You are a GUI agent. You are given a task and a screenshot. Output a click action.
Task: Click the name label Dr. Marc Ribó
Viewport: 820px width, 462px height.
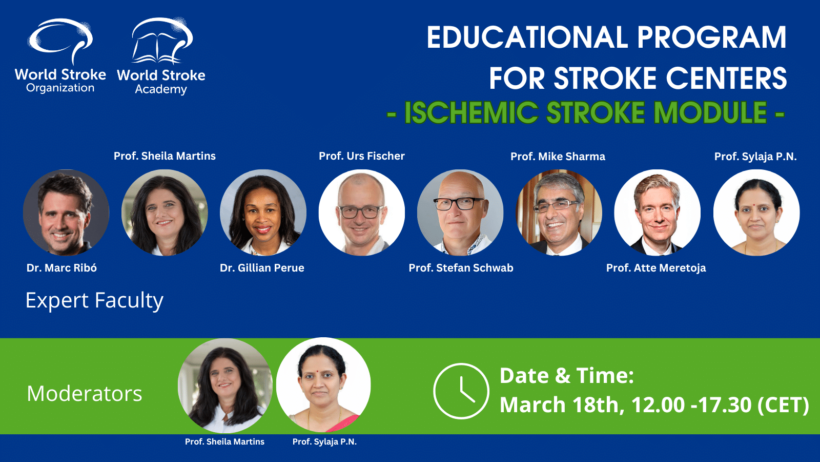click(x=61, y=268)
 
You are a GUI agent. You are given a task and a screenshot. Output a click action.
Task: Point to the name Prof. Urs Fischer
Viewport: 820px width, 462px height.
click(x=362, y=156)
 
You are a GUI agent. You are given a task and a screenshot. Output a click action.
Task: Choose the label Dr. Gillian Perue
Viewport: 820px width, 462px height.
click(x=262, y=268)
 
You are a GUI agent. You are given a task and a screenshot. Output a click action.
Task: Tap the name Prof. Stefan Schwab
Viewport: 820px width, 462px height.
click(x=461, y=268)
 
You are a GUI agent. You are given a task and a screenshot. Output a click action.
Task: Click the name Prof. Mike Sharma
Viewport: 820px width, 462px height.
click(x=558, y=157)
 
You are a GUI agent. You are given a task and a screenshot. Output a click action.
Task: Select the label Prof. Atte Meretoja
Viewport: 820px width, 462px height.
click(x=656, y=268)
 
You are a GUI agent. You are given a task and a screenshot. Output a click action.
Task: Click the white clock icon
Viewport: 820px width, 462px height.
click(x=461, y=391)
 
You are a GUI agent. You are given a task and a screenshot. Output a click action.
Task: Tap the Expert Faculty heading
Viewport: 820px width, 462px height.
click(x=94, y=301)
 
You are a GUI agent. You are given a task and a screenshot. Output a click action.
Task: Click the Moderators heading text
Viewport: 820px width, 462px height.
click(x=85, y=393)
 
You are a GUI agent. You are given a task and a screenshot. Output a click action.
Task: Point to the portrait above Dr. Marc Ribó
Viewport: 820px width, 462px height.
click(x=66, y=213)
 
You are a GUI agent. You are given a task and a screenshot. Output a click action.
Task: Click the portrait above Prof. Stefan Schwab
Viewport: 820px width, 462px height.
click(x=460, y=213)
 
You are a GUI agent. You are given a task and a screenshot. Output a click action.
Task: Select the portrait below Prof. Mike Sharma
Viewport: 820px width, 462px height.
click(x=559, y=213)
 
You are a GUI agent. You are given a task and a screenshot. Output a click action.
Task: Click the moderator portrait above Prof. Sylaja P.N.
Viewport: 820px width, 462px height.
click(x=323, y=385)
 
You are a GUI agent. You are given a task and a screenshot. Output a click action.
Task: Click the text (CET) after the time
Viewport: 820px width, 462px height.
click(x=783, y=405)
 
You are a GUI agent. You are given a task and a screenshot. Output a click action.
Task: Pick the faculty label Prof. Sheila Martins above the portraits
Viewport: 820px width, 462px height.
click(x=165, y=156)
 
